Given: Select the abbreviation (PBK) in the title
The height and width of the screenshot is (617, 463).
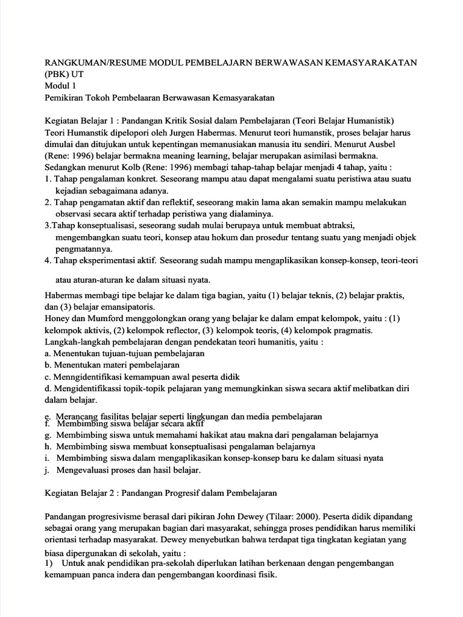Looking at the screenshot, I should pyautogui.click(x=57, y=75).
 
